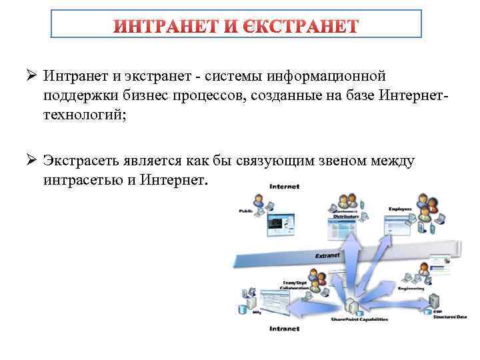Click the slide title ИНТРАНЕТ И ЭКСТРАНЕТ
click(237, 26)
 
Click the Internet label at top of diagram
click(284, 187)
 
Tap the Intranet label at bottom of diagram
click(284, 329)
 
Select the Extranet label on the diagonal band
click(327, 255)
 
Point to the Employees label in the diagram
click(400, 209)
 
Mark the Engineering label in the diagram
click(411, 288)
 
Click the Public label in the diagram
click(245, 211)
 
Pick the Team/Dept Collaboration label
click(294, 286)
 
